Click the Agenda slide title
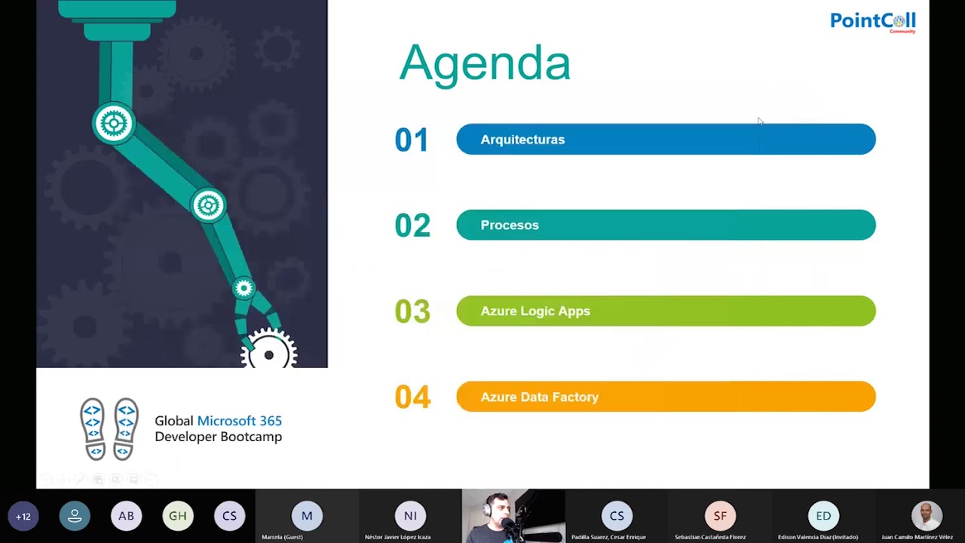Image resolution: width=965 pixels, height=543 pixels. tap(485, 63)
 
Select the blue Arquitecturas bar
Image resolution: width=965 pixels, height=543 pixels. tap(666, 140)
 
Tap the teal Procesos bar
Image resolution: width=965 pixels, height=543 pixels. tap(666, 225)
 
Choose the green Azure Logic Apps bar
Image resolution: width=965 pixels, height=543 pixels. tap(666, 311)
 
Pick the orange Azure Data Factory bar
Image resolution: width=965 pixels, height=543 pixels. tap(666, 397)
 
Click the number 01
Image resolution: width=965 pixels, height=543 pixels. tap(412, 140)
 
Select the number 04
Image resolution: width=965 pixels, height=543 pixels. tap(412, 397)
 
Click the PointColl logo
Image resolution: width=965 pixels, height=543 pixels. tap(872, 21)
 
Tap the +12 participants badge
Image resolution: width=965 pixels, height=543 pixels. tap(23, 517)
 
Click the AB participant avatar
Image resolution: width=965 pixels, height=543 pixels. tap(126, 517)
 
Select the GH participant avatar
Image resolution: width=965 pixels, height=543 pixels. tap(178, 517)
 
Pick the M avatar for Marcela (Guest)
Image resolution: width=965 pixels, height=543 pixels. tap(307, 516)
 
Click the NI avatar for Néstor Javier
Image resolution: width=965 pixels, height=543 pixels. tap(410, 516)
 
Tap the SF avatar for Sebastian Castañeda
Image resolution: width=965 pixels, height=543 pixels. tap(720, 516)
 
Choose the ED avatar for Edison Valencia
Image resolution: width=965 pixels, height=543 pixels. tap(823, 516)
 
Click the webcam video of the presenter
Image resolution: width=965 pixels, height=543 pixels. tap(513, 516)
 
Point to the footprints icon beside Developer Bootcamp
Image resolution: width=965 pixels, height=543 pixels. tap(109, 428)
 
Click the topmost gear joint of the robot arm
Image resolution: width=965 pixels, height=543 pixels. tap(114, 124)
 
